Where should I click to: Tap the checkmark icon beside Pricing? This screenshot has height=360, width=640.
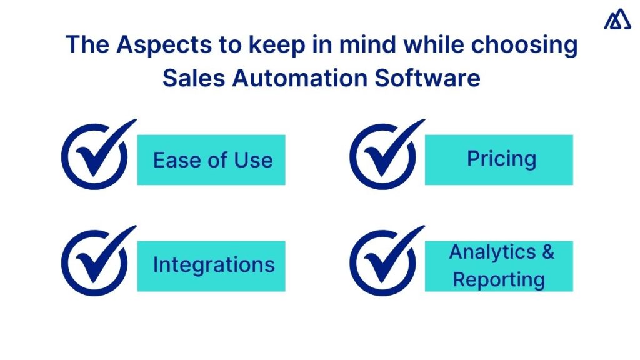[382, 157]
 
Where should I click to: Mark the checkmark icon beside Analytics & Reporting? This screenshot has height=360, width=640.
[382, 263]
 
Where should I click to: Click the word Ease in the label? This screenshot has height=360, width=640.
[172, 160]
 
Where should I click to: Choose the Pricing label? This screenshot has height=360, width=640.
[501, 159]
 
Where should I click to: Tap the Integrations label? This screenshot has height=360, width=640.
[214, 265]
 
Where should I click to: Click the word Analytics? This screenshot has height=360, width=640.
[492, 252]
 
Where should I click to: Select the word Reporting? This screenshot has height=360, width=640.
[499, 279]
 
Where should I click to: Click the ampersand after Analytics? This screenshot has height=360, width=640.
[547, 252]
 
